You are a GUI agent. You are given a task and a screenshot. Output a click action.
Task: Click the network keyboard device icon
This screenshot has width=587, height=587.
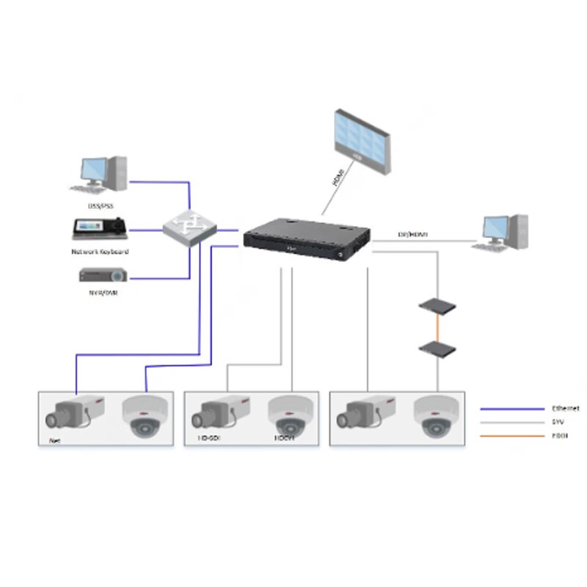pyautogui.click(x=100, y=229)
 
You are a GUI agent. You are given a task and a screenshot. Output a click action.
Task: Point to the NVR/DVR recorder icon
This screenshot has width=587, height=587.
pyautogui.click(x=103, y=276)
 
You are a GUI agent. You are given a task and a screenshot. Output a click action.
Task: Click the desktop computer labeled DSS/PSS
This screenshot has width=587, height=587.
pyautogui.click(x=101, y=175)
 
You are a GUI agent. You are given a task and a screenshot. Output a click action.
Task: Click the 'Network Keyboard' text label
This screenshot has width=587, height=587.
pyautogui.click(x=100, y=252)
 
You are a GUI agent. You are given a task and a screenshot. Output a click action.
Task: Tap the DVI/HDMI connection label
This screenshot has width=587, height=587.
pyautogui.click(x=413, y=235)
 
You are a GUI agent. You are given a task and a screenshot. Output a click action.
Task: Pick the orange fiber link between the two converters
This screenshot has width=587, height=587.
pyautogui.click(x=437, y=325)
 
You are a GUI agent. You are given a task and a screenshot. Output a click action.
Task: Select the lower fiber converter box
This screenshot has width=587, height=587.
pyautogui.click(x=437, y=347)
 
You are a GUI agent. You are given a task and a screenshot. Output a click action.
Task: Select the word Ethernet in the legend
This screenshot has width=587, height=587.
pyautogui.click(x=565, y=409)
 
